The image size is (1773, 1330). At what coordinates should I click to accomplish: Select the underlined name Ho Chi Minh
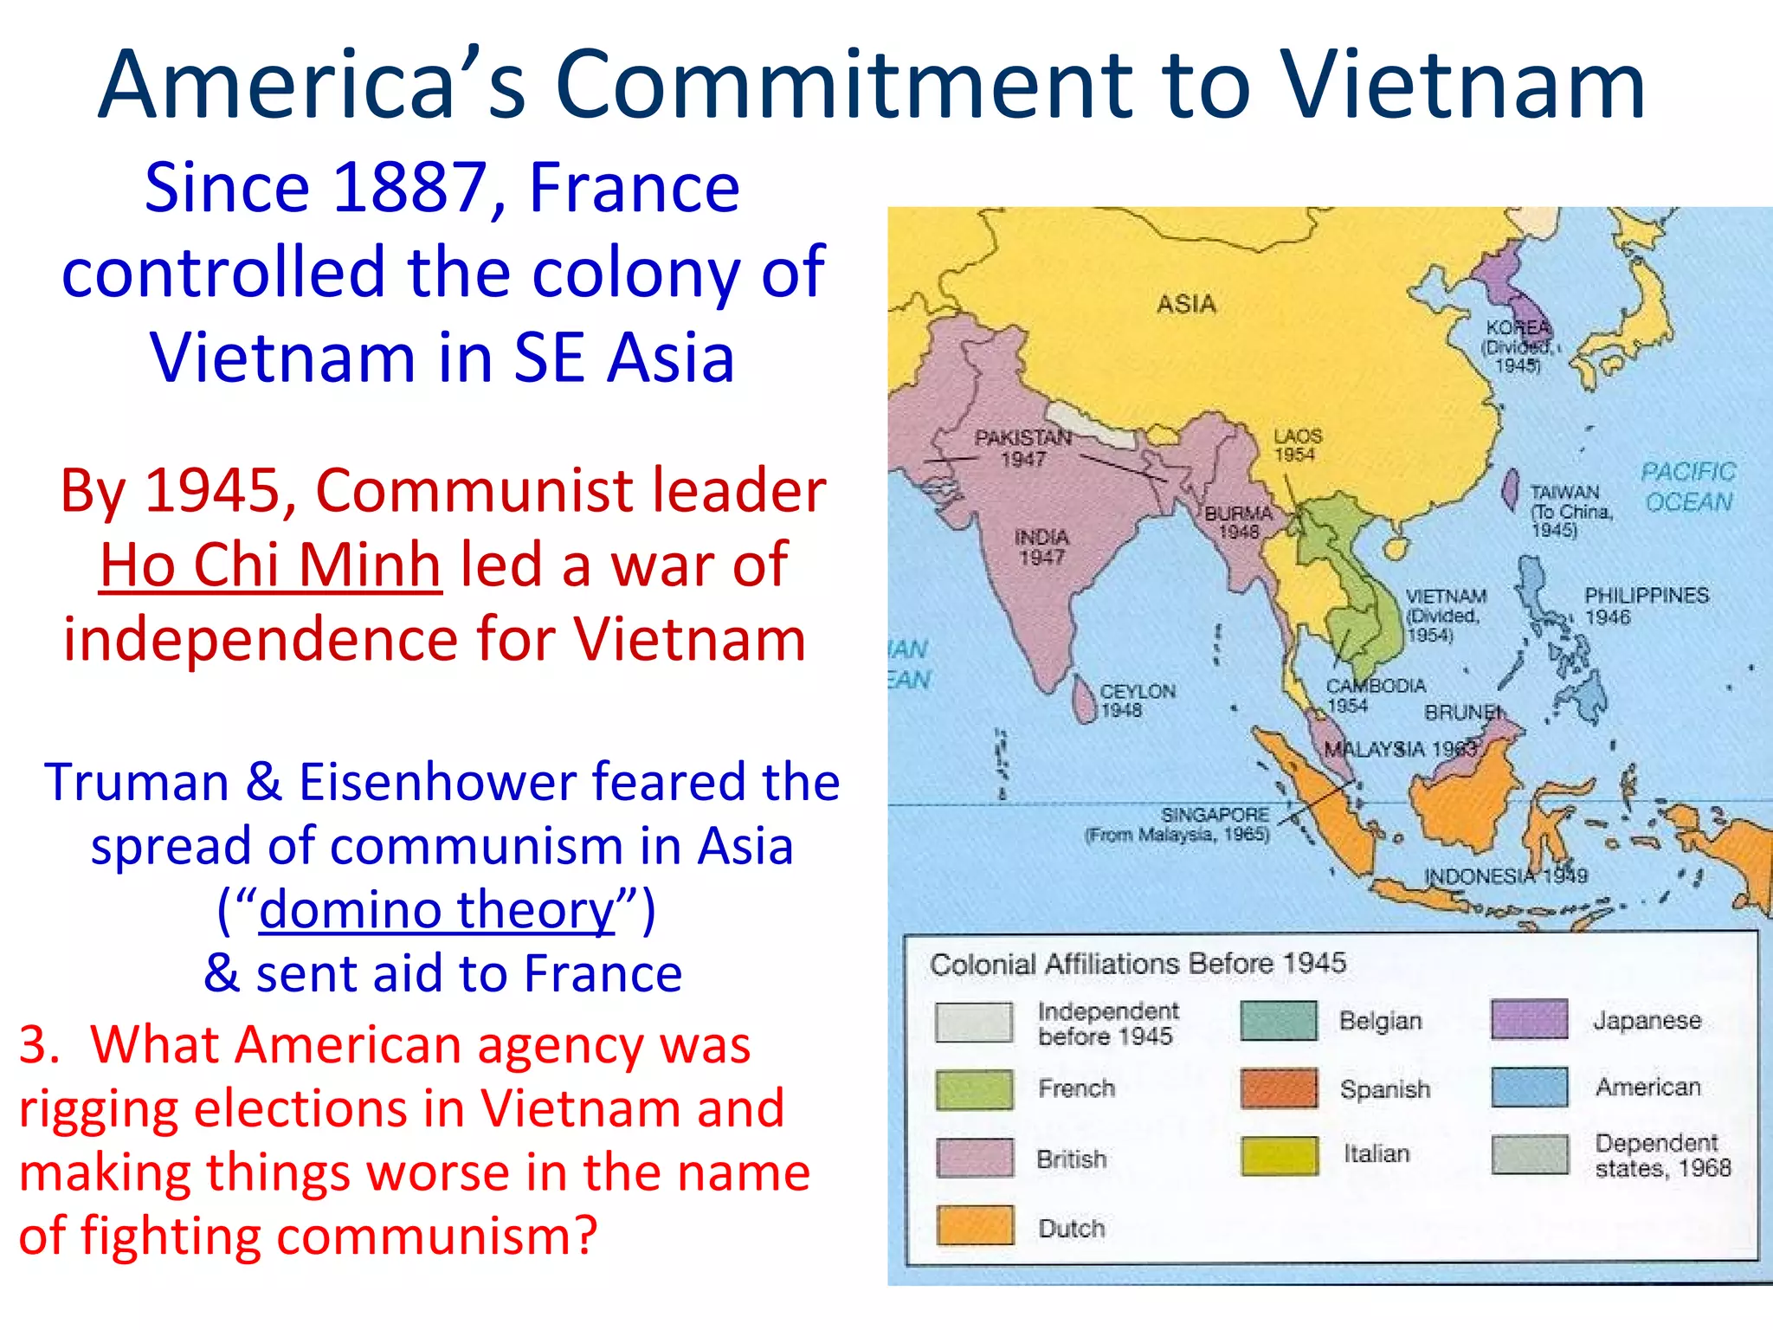click(270, 565)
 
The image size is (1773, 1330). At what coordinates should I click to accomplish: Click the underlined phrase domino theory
click(436, 910)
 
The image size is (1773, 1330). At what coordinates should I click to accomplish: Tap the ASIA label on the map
click(1186, 304)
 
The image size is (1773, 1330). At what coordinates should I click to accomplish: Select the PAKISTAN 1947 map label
click(1023, 448)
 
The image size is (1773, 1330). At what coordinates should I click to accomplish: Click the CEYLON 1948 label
click(1136, 701)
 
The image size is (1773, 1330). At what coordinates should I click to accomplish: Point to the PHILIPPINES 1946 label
click(1645, 605)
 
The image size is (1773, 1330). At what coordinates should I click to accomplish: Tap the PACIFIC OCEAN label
click(1688, 487)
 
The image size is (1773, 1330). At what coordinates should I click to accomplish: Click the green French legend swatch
click(974, 1088)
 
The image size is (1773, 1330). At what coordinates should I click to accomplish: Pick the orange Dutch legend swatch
click(974, 1225)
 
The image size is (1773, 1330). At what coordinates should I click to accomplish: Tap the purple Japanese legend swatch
click(1529, 1019)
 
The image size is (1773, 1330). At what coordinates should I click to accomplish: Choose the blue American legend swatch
click(1529, 1087)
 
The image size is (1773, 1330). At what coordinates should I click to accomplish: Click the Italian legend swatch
click(1279, 1155)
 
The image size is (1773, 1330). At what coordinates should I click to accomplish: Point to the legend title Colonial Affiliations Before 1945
click(1138, 963)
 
